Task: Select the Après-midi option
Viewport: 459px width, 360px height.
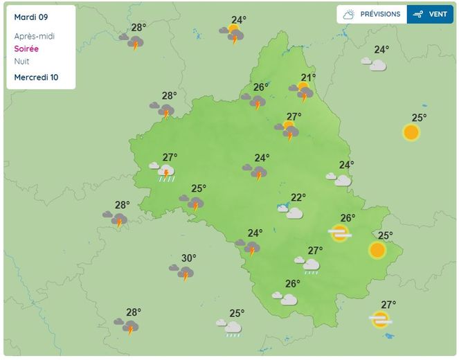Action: [34, 36]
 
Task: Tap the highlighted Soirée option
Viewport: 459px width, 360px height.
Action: [26, 49]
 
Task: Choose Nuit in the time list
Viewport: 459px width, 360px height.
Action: [21, 61]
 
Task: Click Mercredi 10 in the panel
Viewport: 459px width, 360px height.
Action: [36, 77]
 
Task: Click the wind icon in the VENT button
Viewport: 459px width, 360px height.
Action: [417, 14]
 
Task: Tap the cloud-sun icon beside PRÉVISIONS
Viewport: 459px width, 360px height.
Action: [349, 14]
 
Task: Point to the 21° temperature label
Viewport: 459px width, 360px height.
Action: [308, 78]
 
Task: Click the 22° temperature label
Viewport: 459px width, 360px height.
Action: [298, 197]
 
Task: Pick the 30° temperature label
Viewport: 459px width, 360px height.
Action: [188, 258]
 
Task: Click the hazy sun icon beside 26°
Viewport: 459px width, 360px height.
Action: [339, 233]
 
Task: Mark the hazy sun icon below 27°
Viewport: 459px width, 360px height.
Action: [379, 319]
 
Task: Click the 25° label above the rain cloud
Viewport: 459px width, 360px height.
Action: [237, 313]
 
